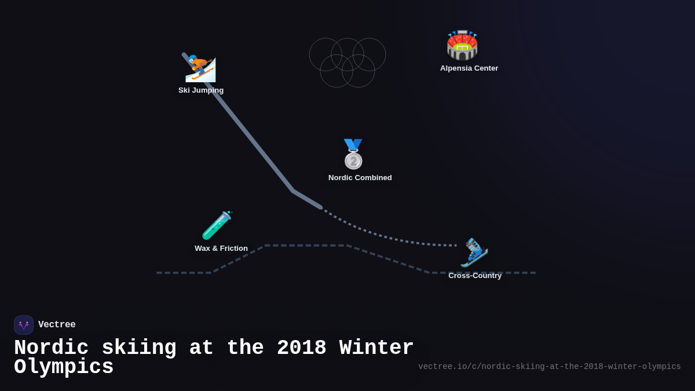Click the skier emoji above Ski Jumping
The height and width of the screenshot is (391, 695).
[x=200, y=69]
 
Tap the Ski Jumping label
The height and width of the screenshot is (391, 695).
[x=201, y=90]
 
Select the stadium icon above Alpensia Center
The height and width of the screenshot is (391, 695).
[x=462, y=45]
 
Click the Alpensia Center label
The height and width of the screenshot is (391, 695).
[x=469, y=68]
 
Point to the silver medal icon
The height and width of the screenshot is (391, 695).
[x=353, y=154]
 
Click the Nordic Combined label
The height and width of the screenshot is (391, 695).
[x=360, y=178]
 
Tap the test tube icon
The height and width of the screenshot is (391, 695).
[x=217, y=225]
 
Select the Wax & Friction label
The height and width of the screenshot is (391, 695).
[x=221, y=249]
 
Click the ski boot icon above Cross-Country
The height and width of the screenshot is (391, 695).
[x=474, y=253]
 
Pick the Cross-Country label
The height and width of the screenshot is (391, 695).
[x=475, y=276]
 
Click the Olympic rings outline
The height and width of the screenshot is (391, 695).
[x=348, y=63]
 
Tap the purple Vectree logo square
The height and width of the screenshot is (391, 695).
[x=24, y=325]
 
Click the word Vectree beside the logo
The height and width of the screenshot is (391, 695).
[x=57, y=325]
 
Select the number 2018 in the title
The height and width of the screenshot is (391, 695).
[x=301, y=348]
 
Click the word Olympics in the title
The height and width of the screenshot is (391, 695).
[x=64, y=367]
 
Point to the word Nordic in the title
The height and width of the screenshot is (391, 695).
[x=51, y=348]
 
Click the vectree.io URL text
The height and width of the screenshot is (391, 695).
[x=549, y=367]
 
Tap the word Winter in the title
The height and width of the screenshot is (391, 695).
[x=376, y=348]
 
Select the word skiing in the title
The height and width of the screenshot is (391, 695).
[x=139, y=348]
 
